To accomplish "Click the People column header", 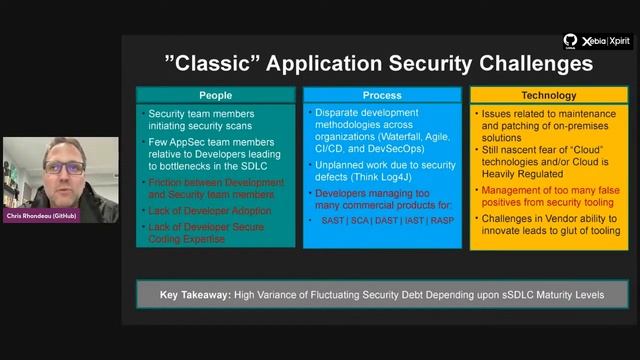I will (x=215, y=96).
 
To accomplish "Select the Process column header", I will (x=382, y=96).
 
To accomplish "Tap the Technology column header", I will (x=548, y=96).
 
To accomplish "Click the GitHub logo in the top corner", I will (x=570, y=41).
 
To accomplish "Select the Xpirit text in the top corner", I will (x=619, y=42).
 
